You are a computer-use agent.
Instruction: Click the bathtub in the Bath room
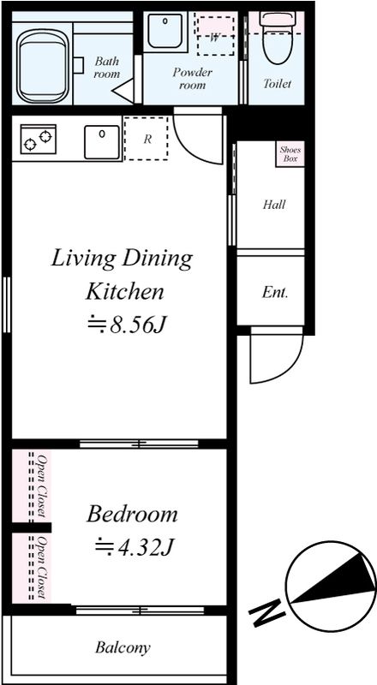click(x=44, y=66)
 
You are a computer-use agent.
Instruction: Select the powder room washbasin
click(x=165, y=33)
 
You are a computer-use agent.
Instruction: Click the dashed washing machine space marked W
click(x=215, y=36)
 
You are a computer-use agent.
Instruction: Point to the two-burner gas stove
click(x=38, y=140)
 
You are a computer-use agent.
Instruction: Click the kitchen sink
click(x=102, y=142)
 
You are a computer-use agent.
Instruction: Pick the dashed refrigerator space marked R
click(x=146, y=139)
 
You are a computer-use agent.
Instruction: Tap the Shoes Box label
click(x=290, y=154)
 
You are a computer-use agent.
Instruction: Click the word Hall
click(x=274, y=205)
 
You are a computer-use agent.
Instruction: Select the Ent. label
click(x=275, y=292)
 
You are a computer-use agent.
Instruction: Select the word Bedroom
click(x=132, y=515)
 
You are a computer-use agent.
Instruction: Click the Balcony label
click(x=123, y=647)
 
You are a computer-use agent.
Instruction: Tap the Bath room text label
click(x=106, y=68)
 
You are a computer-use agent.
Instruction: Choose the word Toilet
click(x=277, y=83)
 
